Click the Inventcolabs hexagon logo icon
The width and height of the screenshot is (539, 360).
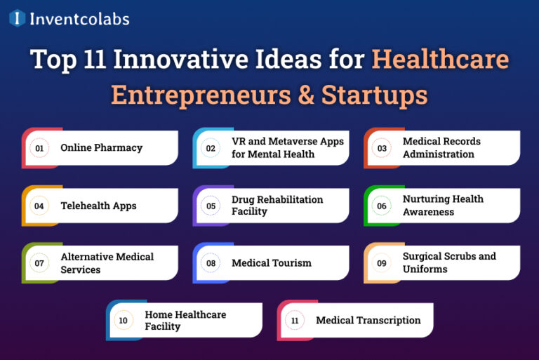pyautogui.click(x=17, y=18)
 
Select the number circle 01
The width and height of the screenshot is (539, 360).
pyautogui.click(x=39, y=148)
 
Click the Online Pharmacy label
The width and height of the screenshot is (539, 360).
pyautogui.click(x=102, y=148)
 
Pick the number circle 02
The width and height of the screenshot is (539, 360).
pyautogui.click(x=211, y=148)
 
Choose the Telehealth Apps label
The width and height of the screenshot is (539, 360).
pyautogui.click(x=98, y=206)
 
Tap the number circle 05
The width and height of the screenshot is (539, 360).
pyautogui.click(x=211, y=206)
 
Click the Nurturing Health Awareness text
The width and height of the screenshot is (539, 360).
pyautogui.click(x=443, y=206)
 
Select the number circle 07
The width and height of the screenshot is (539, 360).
pyautogui.click(x=39, y=264)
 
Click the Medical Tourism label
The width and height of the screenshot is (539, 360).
pyautogui.click(x=272, y=263)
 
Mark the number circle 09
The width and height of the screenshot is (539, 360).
pyautogui.click(x=382, y=263)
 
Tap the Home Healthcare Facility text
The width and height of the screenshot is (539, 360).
pyautogui.click(x=185, y=321)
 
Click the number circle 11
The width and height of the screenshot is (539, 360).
pyautogui.click(x=295, y=321)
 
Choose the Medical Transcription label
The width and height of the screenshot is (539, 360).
pyautogui.click(x=368, y=321)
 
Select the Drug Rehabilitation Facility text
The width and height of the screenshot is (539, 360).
pyautogui.click(x=277, y=206)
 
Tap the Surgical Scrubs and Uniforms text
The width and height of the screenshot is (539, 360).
pyautogui.click(x=449, y=263)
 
